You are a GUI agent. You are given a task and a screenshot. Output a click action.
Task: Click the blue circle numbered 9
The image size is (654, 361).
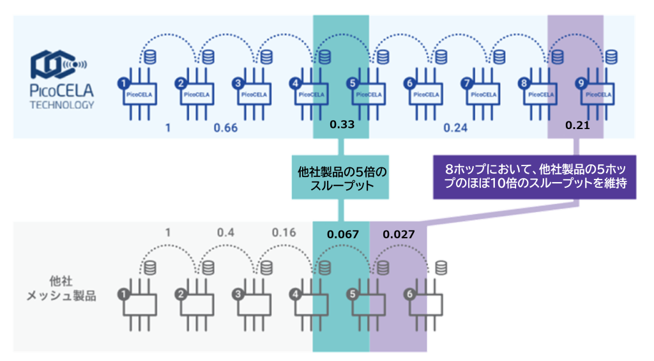580,83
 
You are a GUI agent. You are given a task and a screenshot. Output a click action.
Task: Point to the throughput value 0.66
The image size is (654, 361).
225,128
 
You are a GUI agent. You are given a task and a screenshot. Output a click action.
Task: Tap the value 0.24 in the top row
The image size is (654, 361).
455,128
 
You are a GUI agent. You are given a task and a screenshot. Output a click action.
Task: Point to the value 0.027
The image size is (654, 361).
398,234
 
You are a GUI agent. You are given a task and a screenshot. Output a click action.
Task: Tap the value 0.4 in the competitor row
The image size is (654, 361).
225,232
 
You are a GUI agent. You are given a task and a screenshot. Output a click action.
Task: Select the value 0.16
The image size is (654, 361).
284,232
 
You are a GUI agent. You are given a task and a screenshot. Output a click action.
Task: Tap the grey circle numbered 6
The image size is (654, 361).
409,295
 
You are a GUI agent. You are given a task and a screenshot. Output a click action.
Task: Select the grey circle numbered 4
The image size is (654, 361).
295,295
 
